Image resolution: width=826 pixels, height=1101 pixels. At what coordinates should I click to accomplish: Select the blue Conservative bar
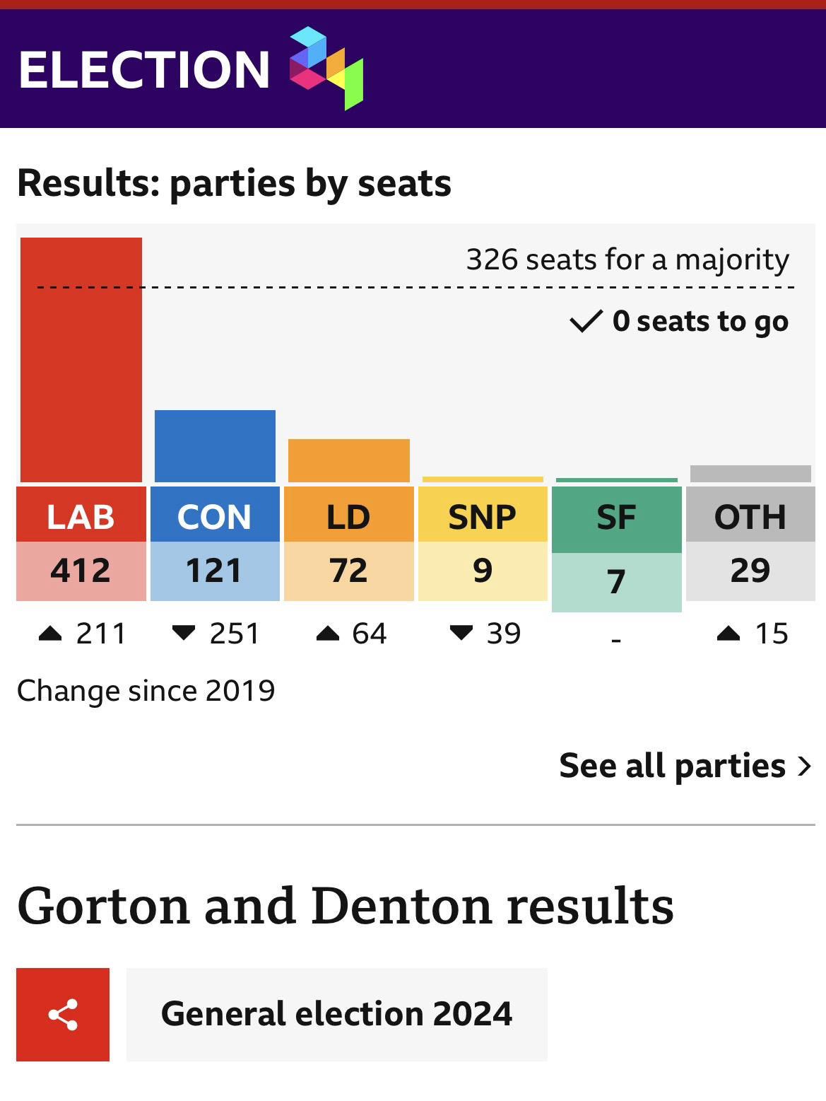point(215,446)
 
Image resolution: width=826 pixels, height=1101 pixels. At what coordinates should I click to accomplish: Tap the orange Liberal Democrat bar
point(349,460)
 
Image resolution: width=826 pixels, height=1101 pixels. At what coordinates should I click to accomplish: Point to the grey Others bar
point(750,474)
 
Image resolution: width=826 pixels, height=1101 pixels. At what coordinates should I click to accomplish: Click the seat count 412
point(81,571)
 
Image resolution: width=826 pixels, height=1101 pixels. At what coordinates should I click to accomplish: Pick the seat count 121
point(215,571)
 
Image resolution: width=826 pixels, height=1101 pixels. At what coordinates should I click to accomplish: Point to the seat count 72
point(349,571)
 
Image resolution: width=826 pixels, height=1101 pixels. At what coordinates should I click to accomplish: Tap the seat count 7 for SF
point(616,582)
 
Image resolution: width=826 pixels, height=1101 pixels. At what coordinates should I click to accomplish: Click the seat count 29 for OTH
point(750,571)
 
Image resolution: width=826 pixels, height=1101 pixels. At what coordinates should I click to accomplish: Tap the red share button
point(63,1015)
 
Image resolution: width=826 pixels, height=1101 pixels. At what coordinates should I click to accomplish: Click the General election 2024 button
point(336,1015)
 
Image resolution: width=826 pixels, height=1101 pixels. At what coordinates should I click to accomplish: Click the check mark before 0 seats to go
point(586,322)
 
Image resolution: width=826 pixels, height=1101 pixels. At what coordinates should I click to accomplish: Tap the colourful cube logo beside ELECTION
point(326,68)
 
